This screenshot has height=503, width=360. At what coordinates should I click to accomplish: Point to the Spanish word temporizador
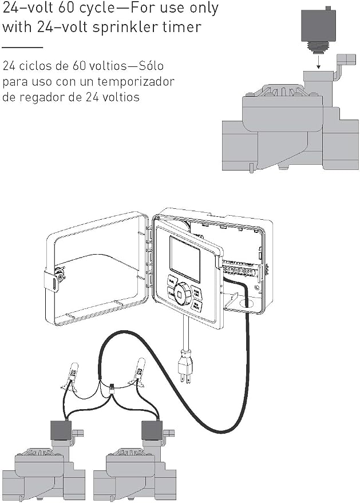[x=136, y=82]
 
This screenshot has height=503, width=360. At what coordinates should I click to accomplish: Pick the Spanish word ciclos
[x=34, y=66]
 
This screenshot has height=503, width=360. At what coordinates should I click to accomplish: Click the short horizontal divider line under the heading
[x=22, y=47]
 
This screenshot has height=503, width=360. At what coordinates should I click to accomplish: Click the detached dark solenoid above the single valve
[x=318, y=25]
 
